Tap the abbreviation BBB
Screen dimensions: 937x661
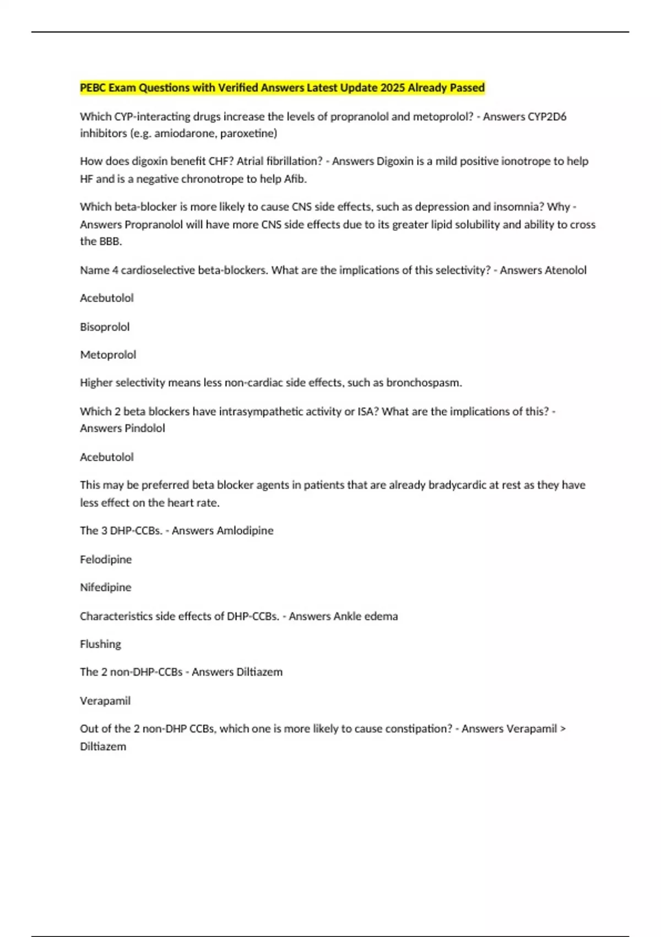coord(110,241)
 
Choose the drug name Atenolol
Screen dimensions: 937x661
coord(565,270)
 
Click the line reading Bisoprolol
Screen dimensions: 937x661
coord(105,327)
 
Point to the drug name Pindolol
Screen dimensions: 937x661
coord(144,428)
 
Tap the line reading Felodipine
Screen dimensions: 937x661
coord(106,559)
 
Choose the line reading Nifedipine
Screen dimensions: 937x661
coord(106,588)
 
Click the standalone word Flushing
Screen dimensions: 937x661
coord(100,644)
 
